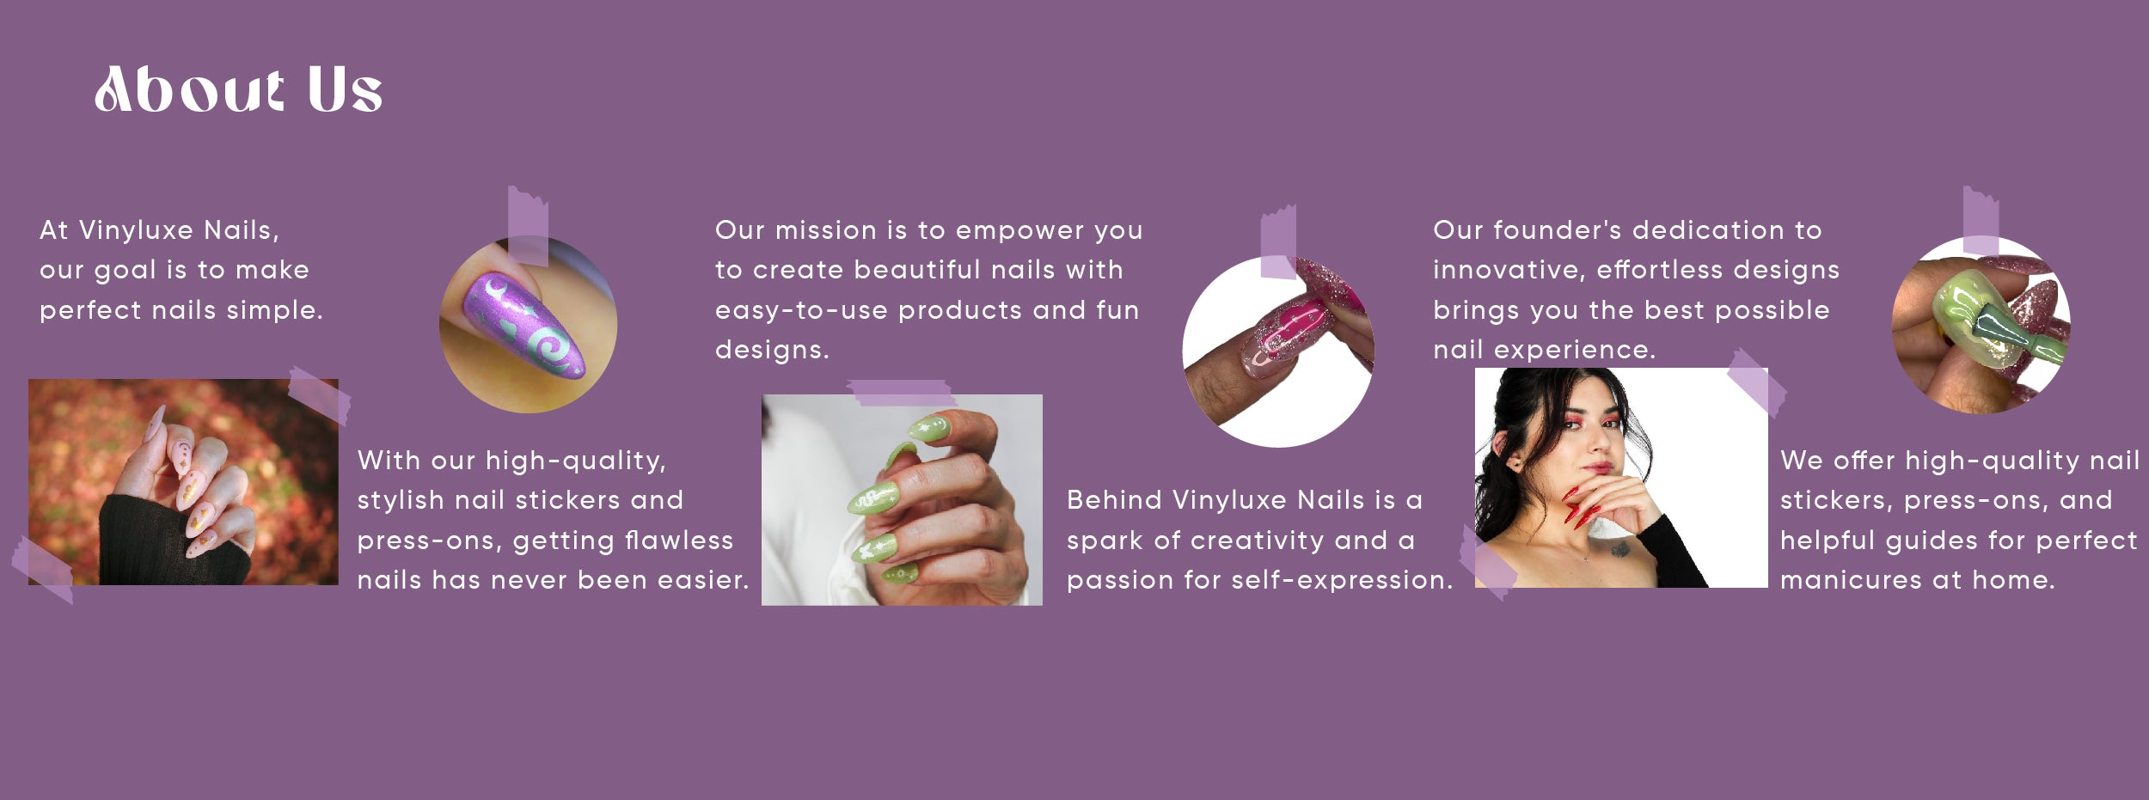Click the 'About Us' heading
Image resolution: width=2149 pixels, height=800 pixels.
point(238,89)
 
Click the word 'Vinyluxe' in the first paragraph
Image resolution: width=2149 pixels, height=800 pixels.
point(136,230)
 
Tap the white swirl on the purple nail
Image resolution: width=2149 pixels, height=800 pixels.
point(551,347)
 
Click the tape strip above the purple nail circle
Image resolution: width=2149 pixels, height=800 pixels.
point(527,226)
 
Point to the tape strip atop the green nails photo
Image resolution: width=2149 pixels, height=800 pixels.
point(901,393)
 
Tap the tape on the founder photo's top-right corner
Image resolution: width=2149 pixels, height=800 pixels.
point(1757,382)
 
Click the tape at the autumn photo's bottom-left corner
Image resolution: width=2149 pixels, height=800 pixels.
point(41,570)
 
